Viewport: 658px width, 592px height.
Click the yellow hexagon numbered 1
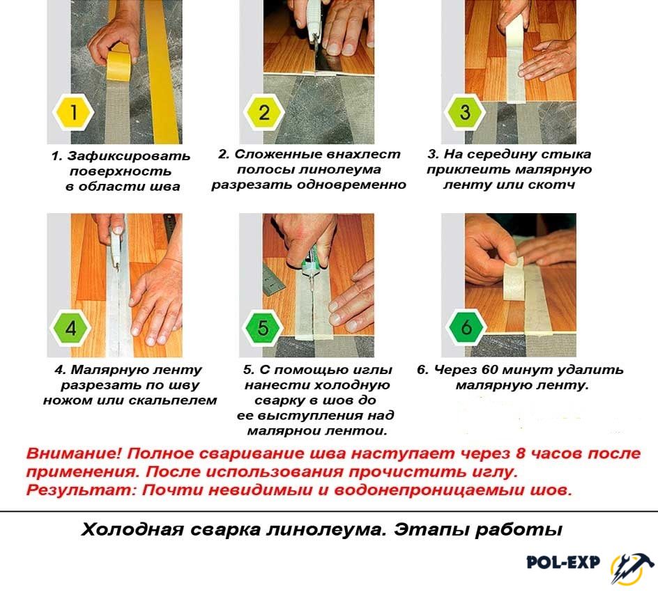point(73,112)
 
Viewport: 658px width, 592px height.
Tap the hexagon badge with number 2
point(264,112)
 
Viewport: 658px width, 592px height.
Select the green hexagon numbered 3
point(464,112)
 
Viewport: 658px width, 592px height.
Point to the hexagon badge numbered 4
point(70,328)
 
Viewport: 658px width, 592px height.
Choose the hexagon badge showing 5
point(263,328)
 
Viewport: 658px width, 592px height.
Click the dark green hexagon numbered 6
point(466,328)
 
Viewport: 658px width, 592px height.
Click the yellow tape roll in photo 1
point(119,65)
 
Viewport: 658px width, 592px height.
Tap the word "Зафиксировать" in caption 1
point(128,156)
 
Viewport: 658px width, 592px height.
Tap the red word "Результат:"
point(82,490)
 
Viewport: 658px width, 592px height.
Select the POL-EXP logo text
point(563,562)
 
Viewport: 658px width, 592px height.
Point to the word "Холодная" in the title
point(132,530)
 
